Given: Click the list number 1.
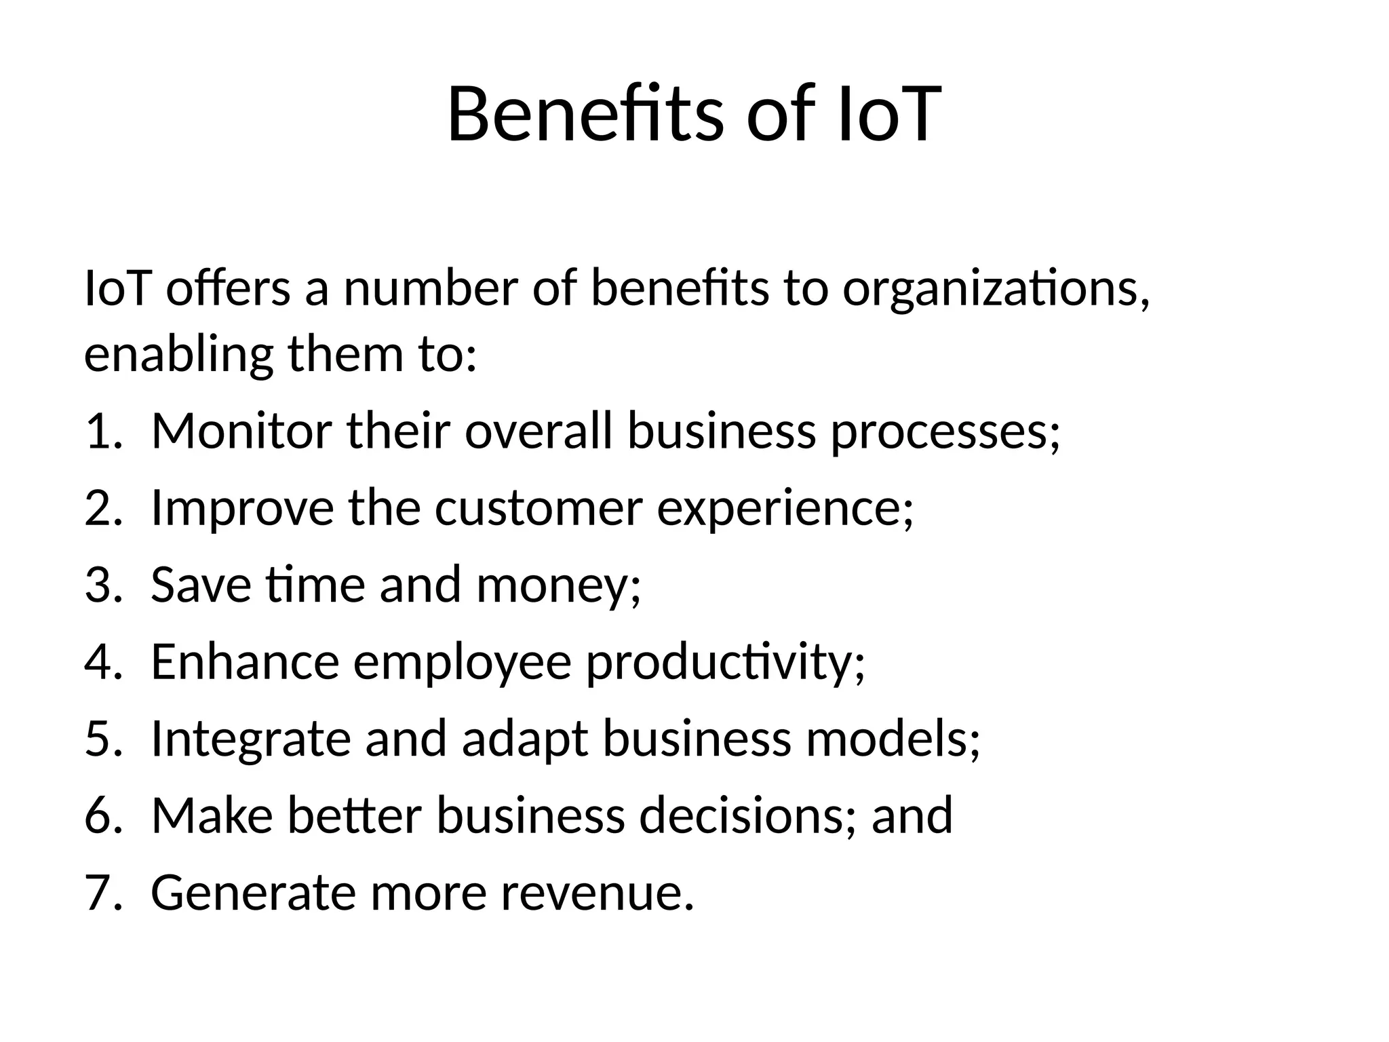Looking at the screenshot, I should [102, 431].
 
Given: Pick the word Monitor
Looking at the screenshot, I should [242, 431].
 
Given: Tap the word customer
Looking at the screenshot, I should [539, 508].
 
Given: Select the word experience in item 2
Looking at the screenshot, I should [785, 509].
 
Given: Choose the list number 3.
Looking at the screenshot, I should [102, 585].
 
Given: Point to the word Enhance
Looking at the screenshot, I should [245, 661].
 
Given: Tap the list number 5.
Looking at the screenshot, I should [102, 738].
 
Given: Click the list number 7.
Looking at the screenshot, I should [102, 892].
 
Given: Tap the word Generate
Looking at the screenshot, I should [253, 892].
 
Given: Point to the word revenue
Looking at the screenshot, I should [598, 893].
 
